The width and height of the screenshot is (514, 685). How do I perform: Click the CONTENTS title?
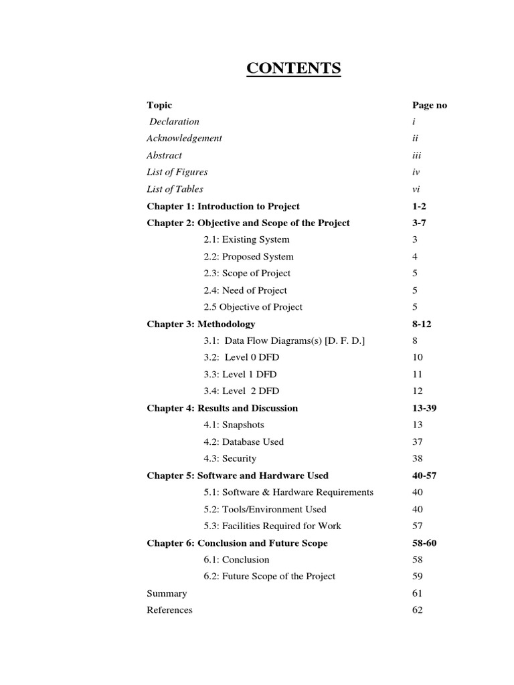click(x=294, y=69)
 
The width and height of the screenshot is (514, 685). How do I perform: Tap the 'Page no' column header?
click(x=430, y=105)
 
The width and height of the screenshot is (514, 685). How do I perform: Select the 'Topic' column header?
click(x=159, y=105)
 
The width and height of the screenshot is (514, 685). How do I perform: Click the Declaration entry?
click(x=174, y=122)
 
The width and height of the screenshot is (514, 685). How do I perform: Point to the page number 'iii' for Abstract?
click(x=417, y=155)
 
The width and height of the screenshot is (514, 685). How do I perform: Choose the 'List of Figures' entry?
click(x=177, y=172)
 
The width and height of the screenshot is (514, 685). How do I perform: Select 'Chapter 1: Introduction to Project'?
click(x=223, y=206)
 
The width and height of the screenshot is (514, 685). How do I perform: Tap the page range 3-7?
click(x=420, y=223)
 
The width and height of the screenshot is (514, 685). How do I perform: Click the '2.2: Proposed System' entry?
click(x=248, y=256)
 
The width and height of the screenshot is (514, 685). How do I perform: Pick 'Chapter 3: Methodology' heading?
click(x=201, y=324)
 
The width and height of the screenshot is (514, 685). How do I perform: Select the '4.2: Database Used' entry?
click(x=244, y=442)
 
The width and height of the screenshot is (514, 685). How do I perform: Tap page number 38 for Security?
click(x=418, y=459)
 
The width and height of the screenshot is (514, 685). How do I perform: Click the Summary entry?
click(x=167, y=593)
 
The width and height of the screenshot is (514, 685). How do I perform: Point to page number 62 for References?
click(x=418, y=610)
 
